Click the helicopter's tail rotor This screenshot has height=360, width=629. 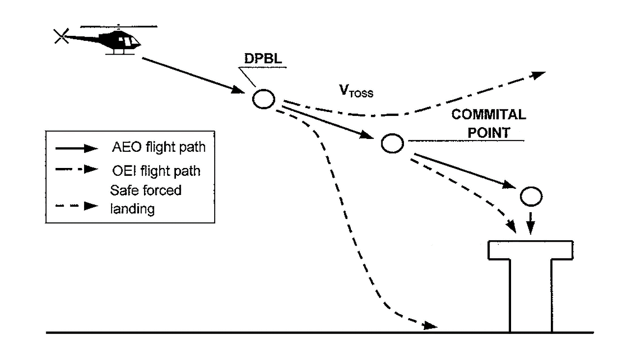tap(61, 36)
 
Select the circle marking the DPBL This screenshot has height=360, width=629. tap(263, 99)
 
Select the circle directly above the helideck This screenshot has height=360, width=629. tap(531, 196)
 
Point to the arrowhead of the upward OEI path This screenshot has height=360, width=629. tap(539, 75)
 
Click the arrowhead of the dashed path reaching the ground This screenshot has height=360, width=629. tap(430, 326)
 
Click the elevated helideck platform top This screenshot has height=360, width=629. tap(530, 249)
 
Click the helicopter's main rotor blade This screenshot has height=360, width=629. tap(118, 26)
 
